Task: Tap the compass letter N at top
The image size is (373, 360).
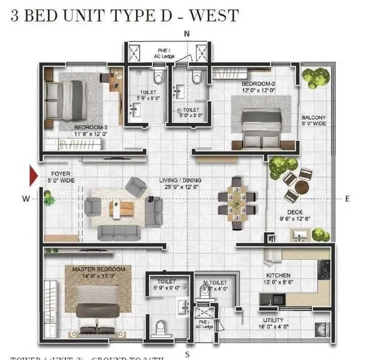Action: tap(187, 34)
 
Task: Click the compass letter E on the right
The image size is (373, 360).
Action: tap(348, 198)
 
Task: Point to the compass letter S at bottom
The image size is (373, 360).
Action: tap(187, 353)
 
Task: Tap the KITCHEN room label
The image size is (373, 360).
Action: tap(262, 274)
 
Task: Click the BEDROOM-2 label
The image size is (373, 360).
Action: tap(258, 83)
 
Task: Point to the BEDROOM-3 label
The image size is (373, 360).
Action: tap(91, 128)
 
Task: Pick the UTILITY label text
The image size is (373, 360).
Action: tap(273, 320)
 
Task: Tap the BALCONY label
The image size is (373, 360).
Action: tap(314, 118)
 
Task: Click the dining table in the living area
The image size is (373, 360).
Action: tap(238, 202)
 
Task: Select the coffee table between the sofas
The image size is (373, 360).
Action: tap(124, 208)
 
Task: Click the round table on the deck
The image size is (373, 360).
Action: tap(301, 187)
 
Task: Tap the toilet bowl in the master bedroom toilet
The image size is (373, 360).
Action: tap(160, 328)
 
